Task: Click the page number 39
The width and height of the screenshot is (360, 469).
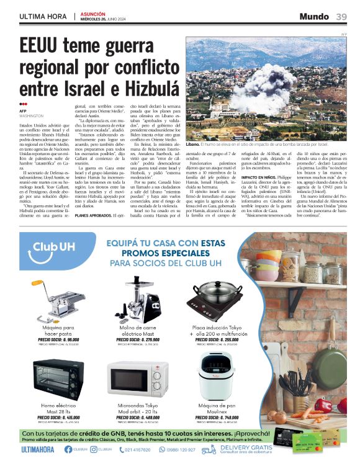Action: click(x=342, y=16)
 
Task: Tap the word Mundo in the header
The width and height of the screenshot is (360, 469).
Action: click(x=315, y=16)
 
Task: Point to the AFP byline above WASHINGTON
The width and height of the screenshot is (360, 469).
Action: click(x=23, y=111)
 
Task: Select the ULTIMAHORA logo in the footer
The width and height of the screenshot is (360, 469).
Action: click(x=38, y=449)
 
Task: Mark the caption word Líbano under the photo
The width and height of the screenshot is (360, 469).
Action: click(x=194, y=143)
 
